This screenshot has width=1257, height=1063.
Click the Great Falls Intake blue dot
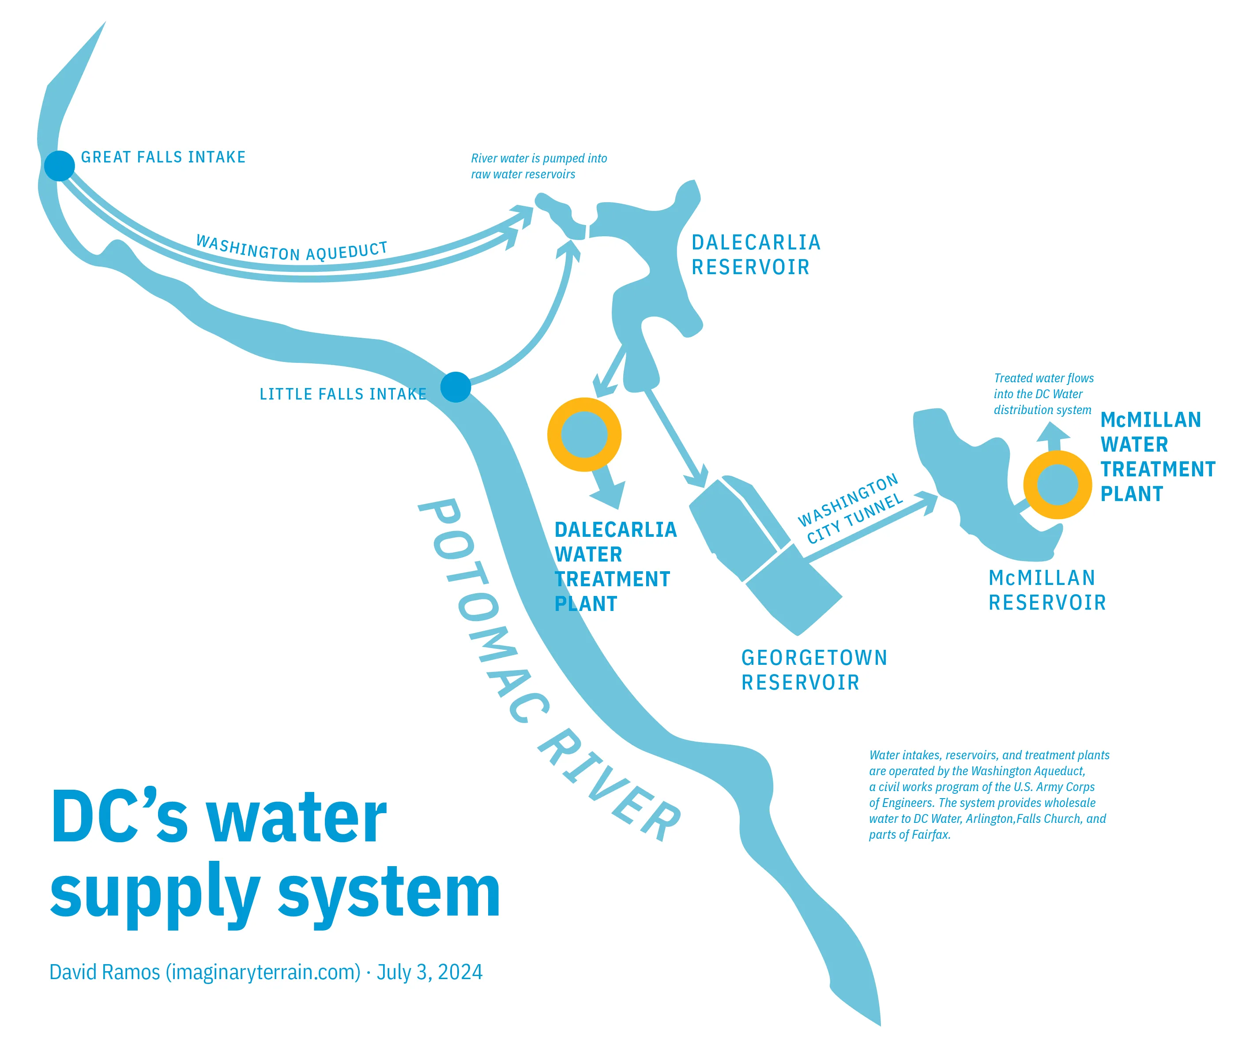(x=59, y=166)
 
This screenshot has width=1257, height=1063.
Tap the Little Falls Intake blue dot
(x=455, y=387)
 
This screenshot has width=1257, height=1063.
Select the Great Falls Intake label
(x=163, y=157)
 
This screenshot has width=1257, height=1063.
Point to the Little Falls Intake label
(x=343, y=394)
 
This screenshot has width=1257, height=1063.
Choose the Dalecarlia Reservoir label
(x=756, y=255)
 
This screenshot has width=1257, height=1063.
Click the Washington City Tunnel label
(x=850, y=509)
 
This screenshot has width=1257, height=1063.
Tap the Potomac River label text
(x=548, y=669)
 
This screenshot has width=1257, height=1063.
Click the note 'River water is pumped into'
(x=539, y=158)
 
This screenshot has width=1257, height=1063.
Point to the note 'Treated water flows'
(x=1044, y=378)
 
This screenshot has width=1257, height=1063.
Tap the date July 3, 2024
(x=429, y=972)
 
